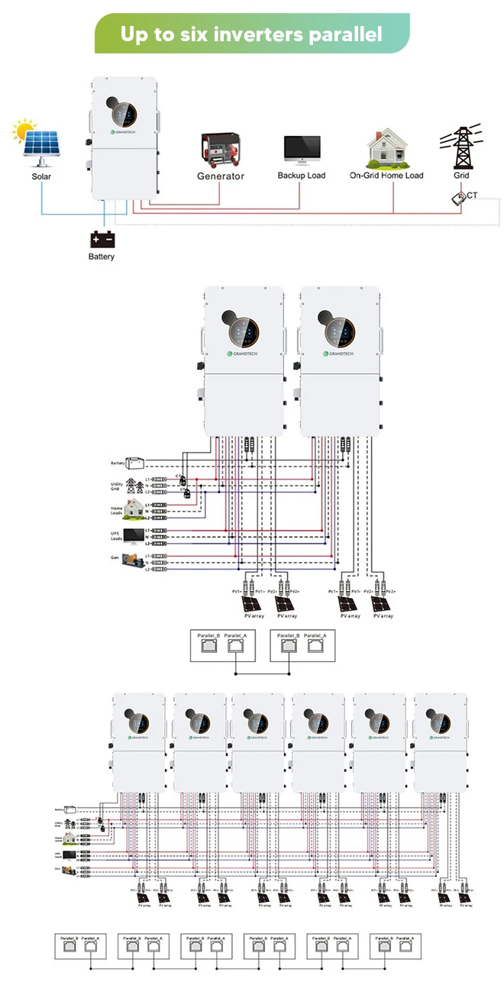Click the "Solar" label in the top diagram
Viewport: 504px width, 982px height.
point(42,176)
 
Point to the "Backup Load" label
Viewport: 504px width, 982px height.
point(301,176)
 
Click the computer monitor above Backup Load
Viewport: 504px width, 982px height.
point(301,150)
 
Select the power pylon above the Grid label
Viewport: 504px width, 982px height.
point(461,147)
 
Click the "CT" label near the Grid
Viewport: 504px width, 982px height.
point(472,195)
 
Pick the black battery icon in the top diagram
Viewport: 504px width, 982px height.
point(102,239)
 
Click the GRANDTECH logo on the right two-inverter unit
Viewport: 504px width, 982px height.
point(339,354)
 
